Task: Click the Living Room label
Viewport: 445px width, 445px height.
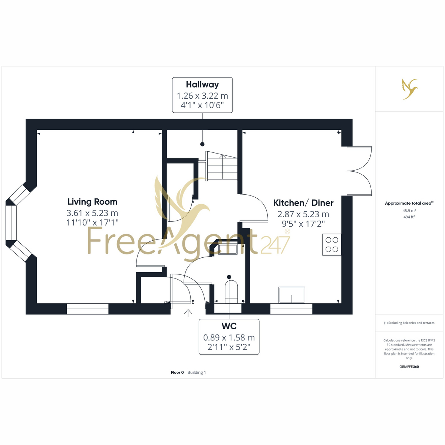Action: tap(92, 202)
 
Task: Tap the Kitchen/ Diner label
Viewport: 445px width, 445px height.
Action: tap(303, 203)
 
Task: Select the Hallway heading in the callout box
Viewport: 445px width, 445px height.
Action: tap(202, 85)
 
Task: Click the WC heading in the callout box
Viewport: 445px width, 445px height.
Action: tap(229, 326)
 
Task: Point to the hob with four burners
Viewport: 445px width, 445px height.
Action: tap(332, 244)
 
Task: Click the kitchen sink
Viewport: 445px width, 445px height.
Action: tap(292, 295)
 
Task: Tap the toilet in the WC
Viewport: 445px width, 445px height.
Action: tap(231, 292)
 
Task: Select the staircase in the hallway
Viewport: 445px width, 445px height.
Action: tap(222, 165)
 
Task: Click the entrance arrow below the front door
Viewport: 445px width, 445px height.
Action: tap(188, 313)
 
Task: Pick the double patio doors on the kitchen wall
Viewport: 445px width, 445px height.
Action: tap(359, 171)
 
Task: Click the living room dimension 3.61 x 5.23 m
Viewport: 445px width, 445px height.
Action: tap(92, 213)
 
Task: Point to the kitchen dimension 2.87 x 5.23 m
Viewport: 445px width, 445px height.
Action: tap(303, 214)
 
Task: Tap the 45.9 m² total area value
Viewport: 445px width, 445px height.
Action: tap(409, 211)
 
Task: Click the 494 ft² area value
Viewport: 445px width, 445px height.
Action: tap(409, 217)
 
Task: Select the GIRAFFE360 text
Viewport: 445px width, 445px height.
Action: tap(409, 366)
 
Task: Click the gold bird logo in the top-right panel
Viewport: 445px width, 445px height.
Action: tap(410, 89)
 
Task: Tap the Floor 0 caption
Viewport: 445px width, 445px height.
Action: tap(177, 372)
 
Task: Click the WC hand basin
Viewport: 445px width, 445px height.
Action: tap(228, 249)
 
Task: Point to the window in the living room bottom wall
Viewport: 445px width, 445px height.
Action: tap(88, 309)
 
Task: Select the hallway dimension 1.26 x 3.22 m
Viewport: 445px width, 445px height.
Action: tap(202, 96)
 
